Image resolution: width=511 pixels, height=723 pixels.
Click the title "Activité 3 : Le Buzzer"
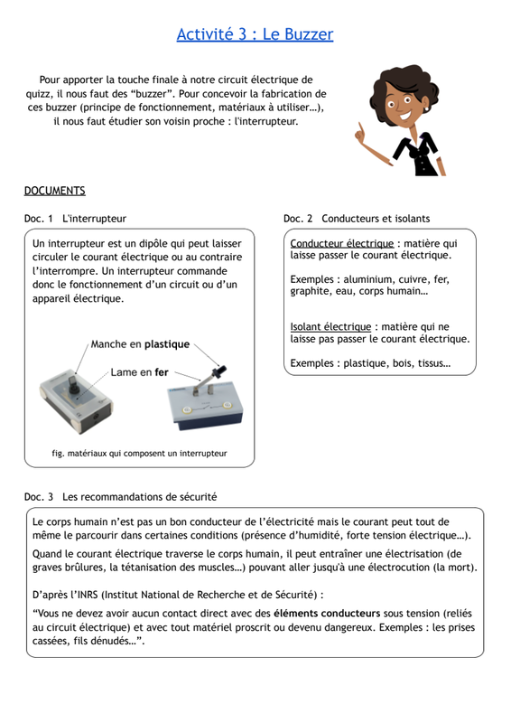[x=255, y=34]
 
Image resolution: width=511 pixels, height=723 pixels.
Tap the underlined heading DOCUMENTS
[x=54, y=191]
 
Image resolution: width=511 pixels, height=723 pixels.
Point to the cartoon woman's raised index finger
[x=360, y=129]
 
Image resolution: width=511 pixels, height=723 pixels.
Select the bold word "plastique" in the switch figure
[x=167, y=344]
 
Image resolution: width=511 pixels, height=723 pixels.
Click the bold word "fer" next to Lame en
[x=162, y=372]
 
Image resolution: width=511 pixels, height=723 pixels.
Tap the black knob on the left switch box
[x=72, y=386]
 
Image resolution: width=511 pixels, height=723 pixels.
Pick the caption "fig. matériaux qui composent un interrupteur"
[x=139, y=454]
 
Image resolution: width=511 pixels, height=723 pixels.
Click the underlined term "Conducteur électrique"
[x=342, y=243]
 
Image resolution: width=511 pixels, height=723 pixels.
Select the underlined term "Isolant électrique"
[x=330, y=327]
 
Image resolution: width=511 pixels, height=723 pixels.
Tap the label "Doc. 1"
[x=38, y=219]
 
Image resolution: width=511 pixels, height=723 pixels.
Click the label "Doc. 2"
[x=298, y=219]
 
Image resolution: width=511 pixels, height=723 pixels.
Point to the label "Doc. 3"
[x=39, y=497]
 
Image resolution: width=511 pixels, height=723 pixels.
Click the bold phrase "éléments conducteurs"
[x=327, y=614]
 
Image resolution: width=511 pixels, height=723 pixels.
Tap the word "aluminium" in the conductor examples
[x=367, y=279]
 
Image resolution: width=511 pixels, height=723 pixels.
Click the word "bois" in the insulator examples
[x=403, y=363]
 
